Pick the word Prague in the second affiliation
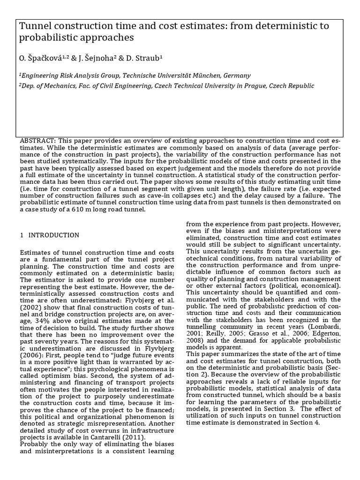pyautogui.click(x=265, y=86)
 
